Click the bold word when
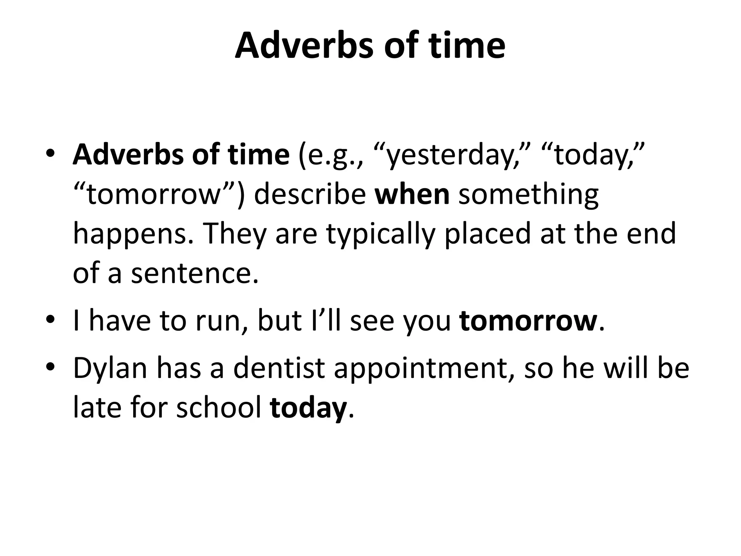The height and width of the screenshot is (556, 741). click(x=412, y=195)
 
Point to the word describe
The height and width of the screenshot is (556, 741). click(x=310, y=195)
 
